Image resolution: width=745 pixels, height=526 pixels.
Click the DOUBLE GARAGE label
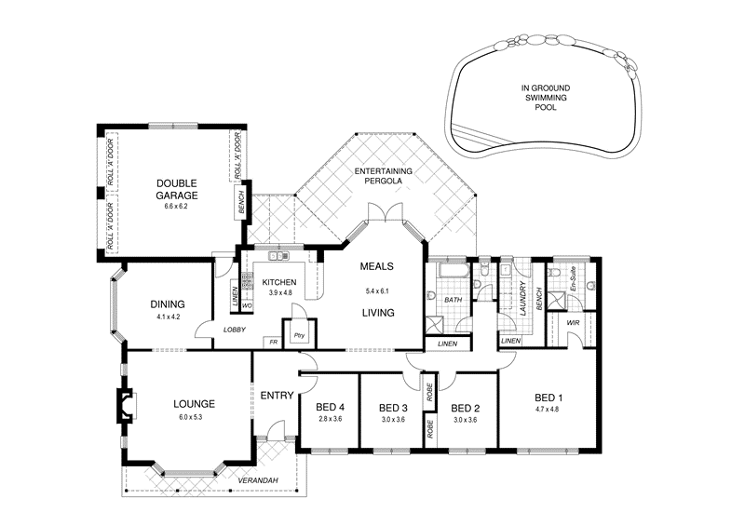click(x=177, y=189)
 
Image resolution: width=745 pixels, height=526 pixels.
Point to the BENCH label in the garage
click(x=241, y=203)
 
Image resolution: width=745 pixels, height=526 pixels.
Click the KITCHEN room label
click(x=278, y=281)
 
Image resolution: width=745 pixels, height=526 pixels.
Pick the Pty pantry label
click(x=299, y=335)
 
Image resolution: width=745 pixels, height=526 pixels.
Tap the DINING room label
click(x=167, y=303)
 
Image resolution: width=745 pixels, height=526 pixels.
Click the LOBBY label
click(x=234, y=330)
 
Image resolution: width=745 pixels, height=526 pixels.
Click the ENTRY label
click(x=277, y=396)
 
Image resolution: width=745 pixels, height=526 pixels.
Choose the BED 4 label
click(x=329, y=407)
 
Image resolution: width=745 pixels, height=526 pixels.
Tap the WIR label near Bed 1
click(x=573, y=322)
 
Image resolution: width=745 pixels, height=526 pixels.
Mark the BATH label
click(x=453, y=300)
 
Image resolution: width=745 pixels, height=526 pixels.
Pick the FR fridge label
click(x=274, y=342)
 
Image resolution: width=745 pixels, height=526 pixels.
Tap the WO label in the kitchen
click(x=247, y=305)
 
